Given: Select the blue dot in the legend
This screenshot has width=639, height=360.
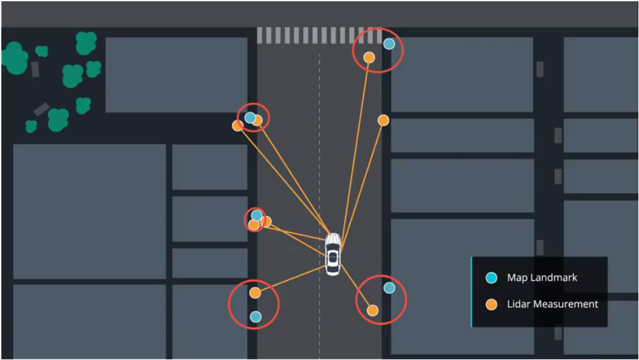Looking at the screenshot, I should tap(491, 278).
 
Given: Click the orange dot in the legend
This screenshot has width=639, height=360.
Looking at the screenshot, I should tap(491, 305).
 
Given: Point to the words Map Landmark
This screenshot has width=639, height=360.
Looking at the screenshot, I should tap(542, 278).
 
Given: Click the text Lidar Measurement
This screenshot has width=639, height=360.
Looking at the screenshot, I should tap(552, 305).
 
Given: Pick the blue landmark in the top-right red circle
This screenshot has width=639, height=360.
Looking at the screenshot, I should tap(389, 44).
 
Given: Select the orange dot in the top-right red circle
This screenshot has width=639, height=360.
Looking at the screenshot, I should tap(369, 57).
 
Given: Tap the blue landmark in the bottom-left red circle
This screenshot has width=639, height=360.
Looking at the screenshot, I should tap(255, 317).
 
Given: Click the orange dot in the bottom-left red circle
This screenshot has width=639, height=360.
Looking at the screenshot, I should tap(255, 293).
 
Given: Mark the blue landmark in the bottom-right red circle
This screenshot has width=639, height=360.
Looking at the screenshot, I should tap(389, 288).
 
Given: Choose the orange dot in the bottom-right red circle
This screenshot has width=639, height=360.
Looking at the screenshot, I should tap(373, 310).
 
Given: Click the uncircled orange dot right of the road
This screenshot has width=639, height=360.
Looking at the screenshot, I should tap(383, 120).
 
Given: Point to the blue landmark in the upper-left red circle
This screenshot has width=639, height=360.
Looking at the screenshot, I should tap(250, 117).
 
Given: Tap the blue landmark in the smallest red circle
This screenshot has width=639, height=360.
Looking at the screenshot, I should tap(256, 215).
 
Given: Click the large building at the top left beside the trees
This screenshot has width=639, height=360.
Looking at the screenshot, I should tap(176, 75).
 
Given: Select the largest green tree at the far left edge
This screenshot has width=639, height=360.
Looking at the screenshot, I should tap(15, 58).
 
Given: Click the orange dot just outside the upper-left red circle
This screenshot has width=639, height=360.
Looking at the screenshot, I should tap(238, 126).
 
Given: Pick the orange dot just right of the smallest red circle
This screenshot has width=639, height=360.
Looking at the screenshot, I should tap(266, 221).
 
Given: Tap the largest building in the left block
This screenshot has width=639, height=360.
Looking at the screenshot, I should tap(89, 211).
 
